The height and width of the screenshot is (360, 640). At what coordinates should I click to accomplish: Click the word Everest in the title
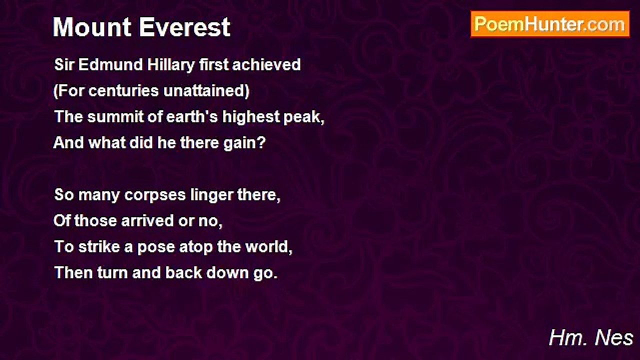pyautogui.click(x=185, y=27)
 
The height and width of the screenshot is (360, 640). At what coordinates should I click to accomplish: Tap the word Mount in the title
pyautogui.click(x=92, y=27)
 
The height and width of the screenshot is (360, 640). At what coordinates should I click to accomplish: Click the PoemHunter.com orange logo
pyautogui.click(x=550, y=24)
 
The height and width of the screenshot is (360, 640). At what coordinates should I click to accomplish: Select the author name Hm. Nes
pyautogui.click(x=591, y=338)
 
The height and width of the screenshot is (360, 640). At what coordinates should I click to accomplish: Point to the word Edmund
pyautogui.click(x=110, y=65)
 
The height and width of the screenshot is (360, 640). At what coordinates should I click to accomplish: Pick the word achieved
pyautogui.click(x=266, y=65)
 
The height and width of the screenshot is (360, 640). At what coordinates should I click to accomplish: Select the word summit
pyautogui.click(x=115, y=117)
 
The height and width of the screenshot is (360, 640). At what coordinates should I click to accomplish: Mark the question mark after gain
pyautogui.click(x=261, y=142)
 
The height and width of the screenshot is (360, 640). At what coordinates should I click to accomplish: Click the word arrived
pyautogui.click(x=147, y=221)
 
